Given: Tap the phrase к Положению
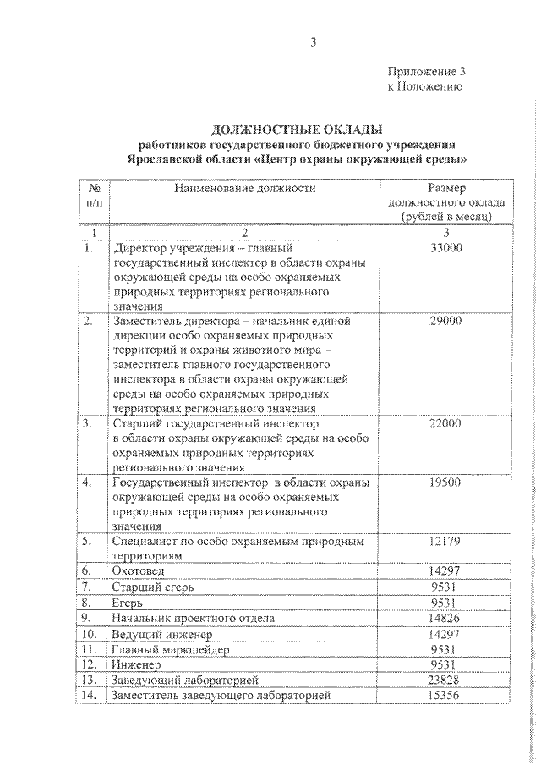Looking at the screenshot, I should (424, 86).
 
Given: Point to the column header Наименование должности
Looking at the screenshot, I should (245, 188).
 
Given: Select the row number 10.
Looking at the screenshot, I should (90, 634).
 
